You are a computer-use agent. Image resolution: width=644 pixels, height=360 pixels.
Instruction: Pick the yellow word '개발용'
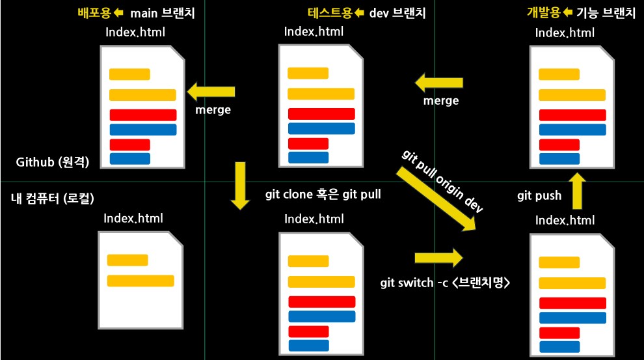(x=544, y=13)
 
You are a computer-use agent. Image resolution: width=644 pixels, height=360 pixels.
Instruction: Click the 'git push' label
(x=539, y=195)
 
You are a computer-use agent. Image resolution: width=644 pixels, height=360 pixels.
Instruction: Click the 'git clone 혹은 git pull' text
(x=323, y=194)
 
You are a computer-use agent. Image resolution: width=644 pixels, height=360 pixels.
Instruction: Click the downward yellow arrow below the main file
(x=240, y=186)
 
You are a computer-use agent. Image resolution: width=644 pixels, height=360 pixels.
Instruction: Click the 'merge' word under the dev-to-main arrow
(x=213, y=111)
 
